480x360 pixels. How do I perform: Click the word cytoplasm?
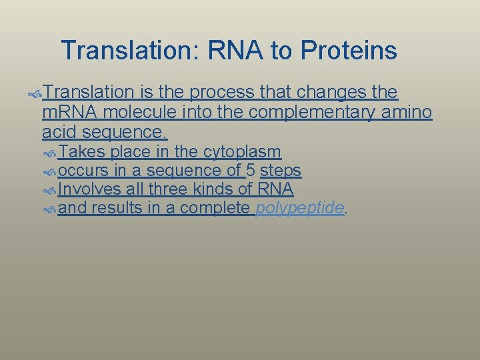click(242, 152)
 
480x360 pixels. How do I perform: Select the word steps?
click(281, 171)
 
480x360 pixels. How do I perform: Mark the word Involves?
click(89, 189)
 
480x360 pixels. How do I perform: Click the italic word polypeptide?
click(300, 209)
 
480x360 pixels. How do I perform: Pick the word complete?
click(216, 209)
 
